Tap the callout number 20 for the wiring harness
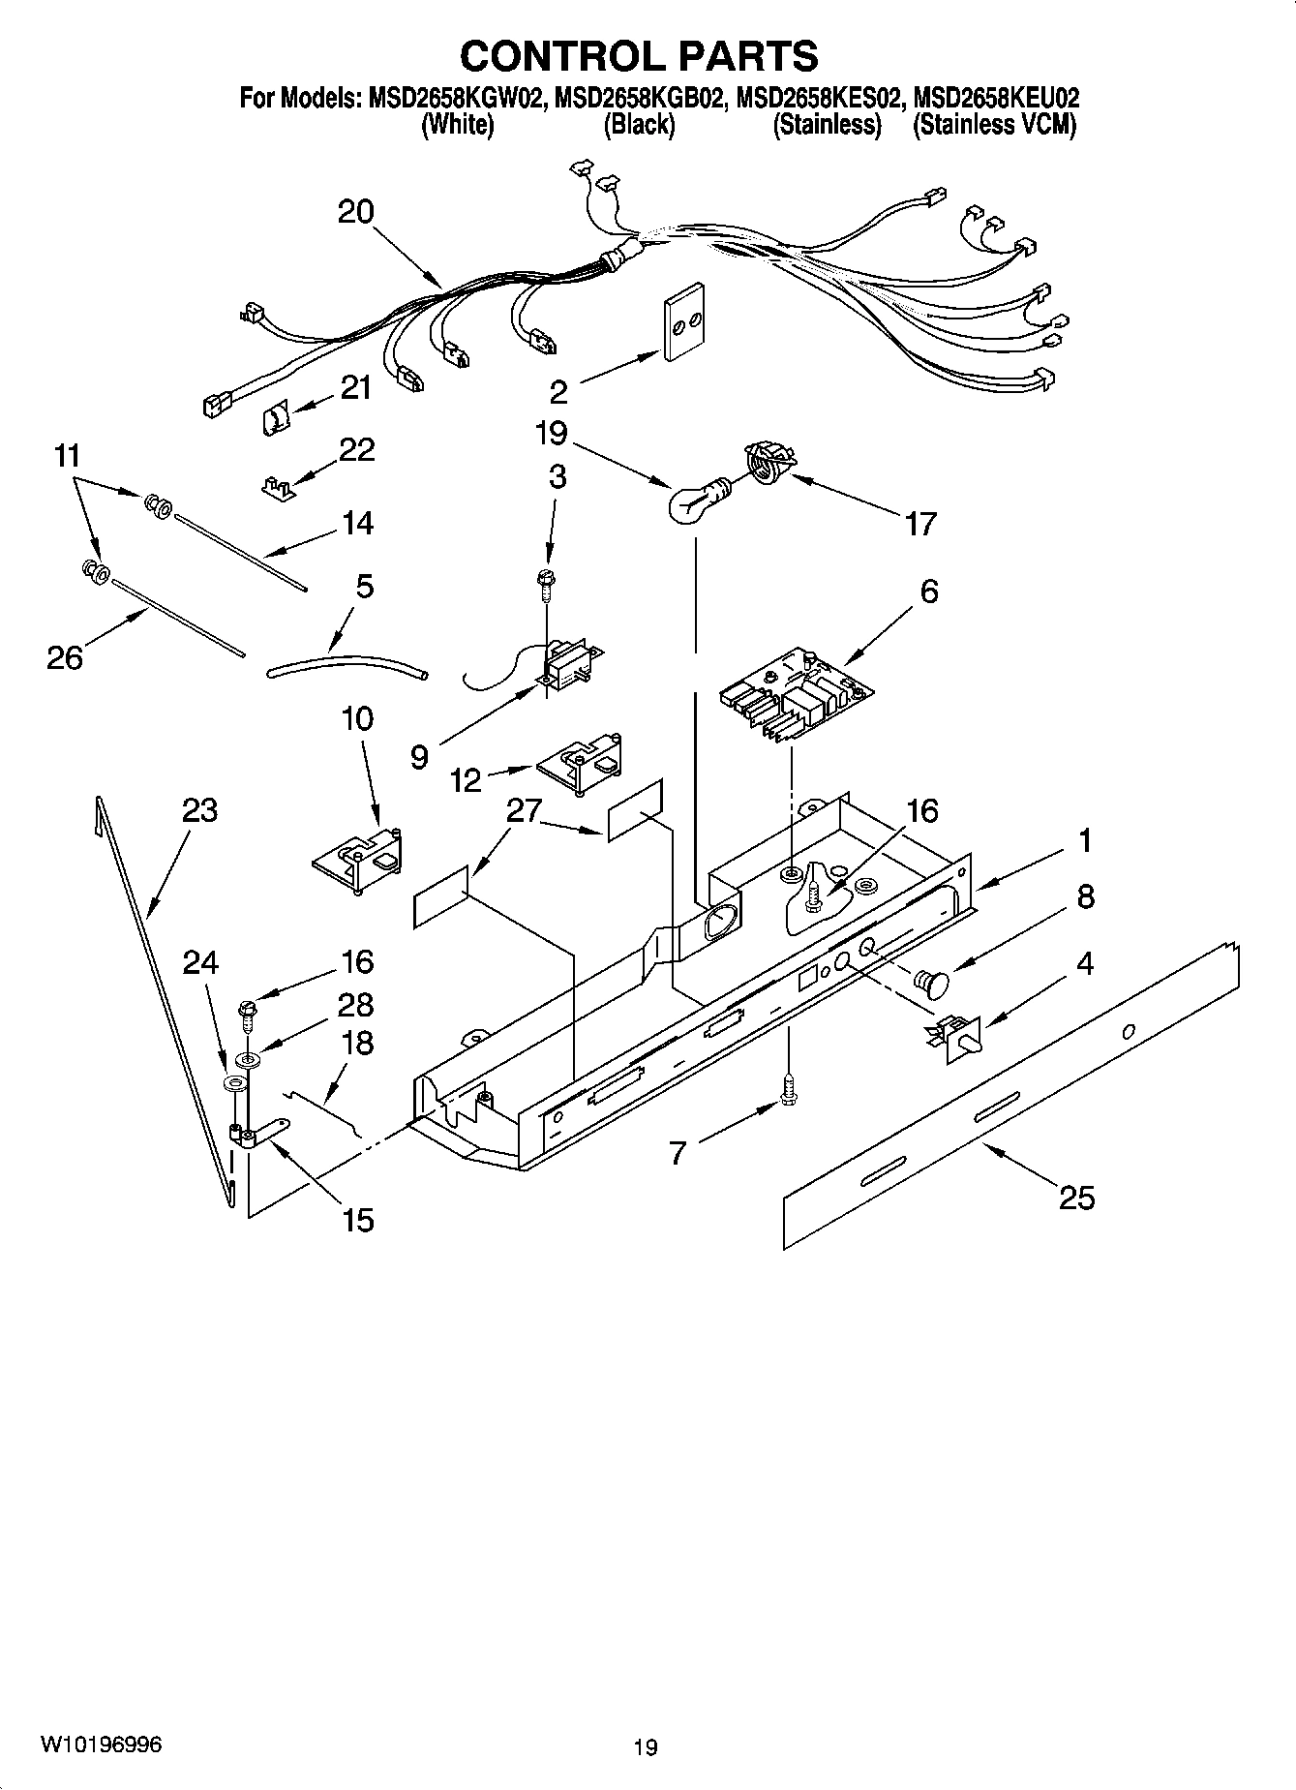click(355, 212)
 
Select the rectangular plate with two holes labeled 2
click(683, 323)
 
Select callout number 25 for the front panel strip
click(1075, 1198)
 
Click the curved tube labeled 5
click(346, 664)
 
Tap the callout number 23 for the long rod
click(199, 810)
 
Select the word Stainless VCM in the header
click(994, 125)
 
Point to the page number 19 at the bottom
click(646, 1747)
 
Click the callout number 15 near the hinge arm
click(357, 1220)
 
